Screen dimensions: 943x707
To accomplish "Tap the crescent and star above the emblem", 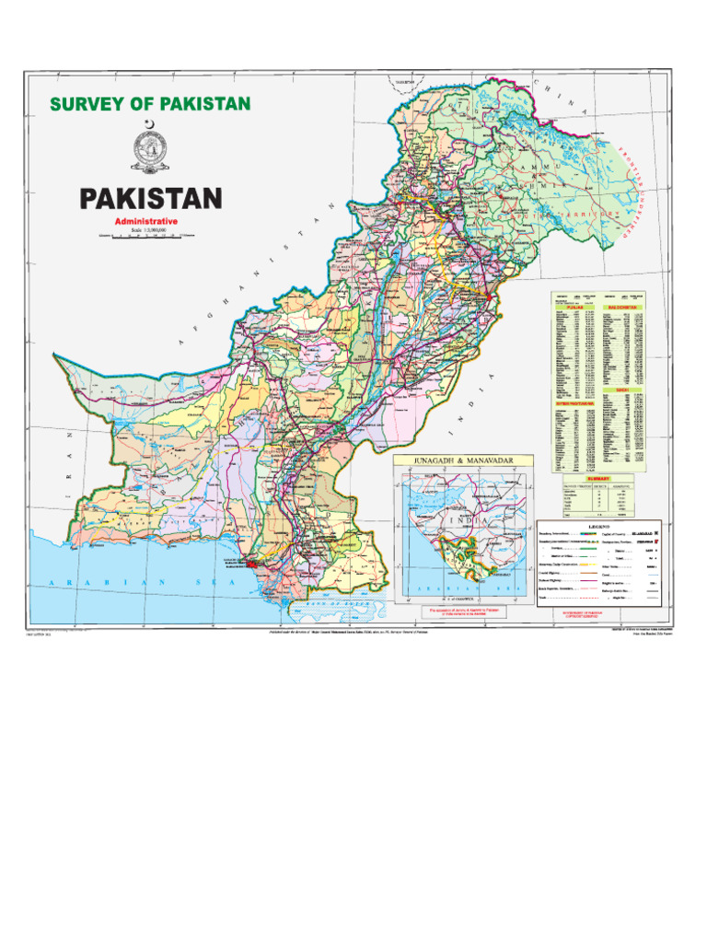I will [x=150, y=126].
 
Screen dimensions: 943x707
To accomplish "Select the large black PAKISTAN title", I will [x=150, y=199].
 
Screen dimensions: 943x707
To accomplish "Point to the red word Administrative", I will [x=145, y=223].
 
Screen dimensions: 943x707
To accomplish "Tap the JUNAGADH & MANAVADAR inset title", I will [x=452, y=460].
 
